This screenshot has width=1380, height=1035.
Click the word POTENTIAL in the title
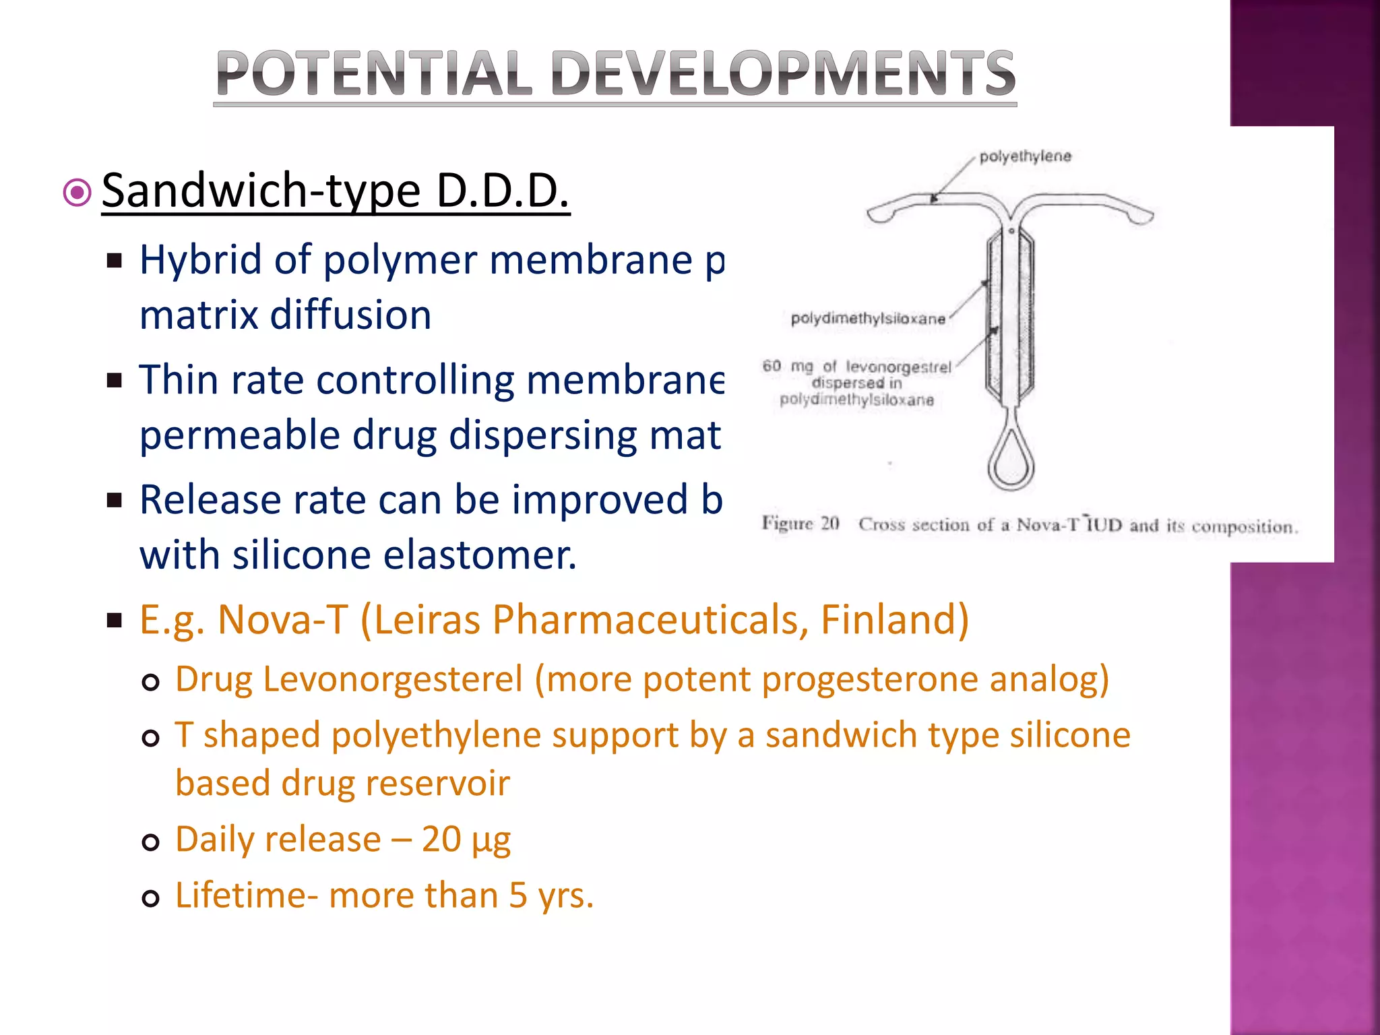point(373,73)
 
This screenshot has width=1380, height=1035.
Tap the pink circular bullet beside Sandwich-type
point(77,193)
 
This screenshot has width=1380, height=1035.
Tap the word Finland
point(894,619)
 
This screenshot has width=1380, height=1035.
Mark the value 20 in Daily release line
point(441,840)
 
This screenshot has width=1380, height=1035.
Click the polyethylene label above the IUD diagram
point(1025,156)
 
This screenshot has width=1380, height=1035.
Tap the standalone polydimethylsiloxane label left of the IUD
point(868,319)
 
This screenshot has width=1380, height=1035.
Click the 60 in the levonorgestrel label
point(772,366)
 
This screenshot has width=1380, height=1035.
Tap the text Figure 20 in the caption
point(801,524)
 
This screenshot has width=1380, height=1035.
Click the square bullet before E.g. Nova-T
point(115,620)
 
